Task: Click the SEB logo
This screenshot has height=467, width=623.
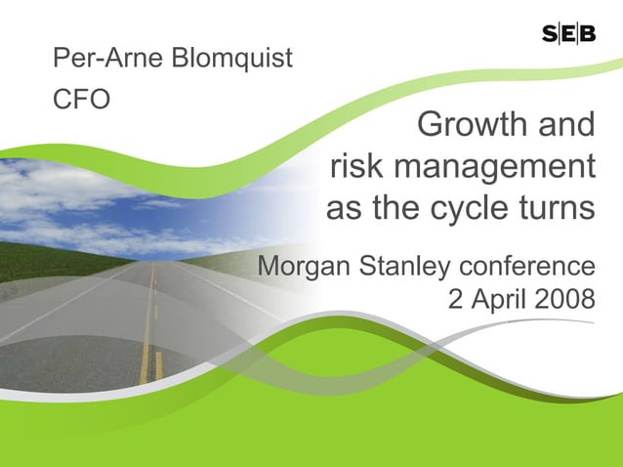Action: pos(568,35)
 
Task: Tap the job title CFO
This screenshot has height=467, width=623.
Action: pos(81,101)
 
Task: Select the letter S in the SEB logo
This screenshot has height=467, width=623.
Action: pos(549,35)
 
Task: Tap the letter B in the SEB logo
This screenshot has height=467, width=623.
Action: pos(588,35)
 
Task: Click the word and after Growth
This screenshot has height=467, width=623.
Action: pos(562,126)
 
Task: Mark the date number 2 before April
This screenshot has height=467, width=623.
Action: pos(455,300)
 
